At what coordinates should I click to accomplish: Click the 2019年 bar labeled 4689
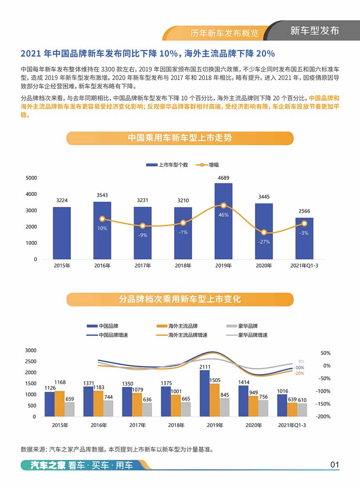(x=224, y=221)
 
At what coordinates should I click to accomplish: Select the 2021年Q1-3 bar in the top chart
(x=304, y=238)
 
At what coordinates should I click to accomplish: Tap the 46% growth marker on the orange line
(x=224, y=206)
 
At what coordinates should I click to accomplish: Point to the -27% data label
(x=264, y=242)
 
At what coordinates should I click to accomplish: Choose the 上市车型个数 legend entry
(x=167, y=165)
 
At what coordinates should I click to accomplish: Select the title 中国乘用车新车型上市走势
(x=180, y=138)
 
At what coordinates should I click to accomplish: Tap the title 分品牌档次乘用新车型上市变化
(x=180, y=299)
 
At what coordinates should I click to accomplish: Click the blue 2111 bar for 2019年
(x=205, y=393)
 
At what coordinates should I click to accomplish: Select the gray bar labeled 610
(x=301, y=410)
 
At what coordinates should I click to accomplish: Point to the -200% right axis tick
(x=324, y=416)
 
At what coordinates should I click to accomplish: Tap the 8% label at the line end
(x=301, y=361)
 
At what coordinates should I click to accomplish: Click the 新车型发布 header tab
(x=315, y=30)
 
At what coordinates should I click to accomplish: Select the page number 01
(x=334, y=465)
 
